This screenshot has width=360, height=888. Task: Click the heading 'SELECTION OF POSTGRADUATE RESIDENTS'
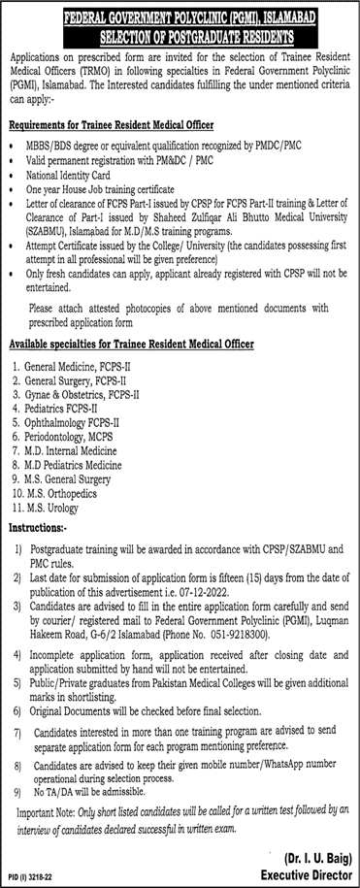(x=180, y=35)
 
